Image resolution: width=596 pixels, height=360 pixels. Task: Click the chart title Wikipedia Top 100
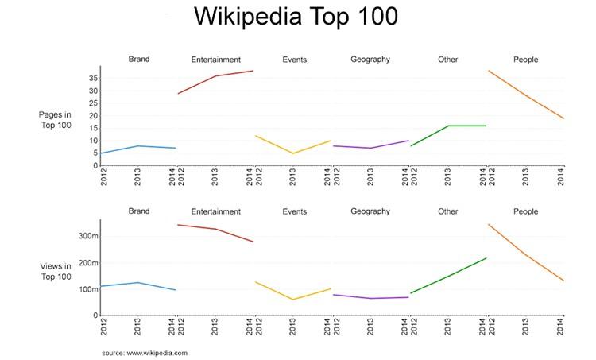pos(296,17)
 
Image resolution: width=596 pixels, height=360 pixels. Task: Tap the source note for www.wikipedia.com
pos(144,352)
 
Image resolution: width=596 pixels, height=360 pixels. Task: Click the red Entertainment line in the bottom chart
pos(215,229)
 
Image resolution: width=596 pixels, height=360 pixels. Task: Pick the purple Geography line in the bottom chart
pos(370,298)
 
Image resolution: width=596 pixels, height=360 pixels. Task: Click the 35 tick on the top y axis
pos(93,78)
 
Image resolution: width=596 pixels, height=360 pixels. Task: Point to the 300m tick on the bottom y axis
pos(87,237)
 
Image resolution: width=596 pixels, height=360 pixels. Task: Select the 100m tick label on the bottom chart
pos(87,289)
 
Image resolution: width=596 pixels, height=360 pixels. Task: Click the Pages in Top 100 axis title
pos(55,120)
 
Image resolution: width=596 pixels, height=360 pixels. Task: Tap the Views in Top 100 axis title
pos(55,271)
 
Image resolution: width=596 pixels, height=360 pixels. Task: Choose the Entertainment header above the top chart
pos(215,60)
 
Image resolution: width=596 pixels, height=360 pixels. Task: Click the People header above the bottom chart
pos(525,211)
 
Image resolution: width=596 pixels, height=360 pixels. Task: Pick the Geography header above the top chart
pos(370,60)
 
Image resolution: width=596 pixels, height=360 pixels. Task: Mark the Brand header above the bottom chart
pos(138,211)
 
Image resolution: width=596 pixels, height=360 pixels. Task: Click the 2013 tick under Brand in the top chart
pos(138,176)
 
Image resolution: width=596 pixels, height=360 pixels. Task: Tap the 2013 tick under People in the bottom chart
pos(526,327)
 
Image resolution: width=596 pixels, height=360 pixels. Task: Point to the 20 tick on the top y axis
pos(93,116)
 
